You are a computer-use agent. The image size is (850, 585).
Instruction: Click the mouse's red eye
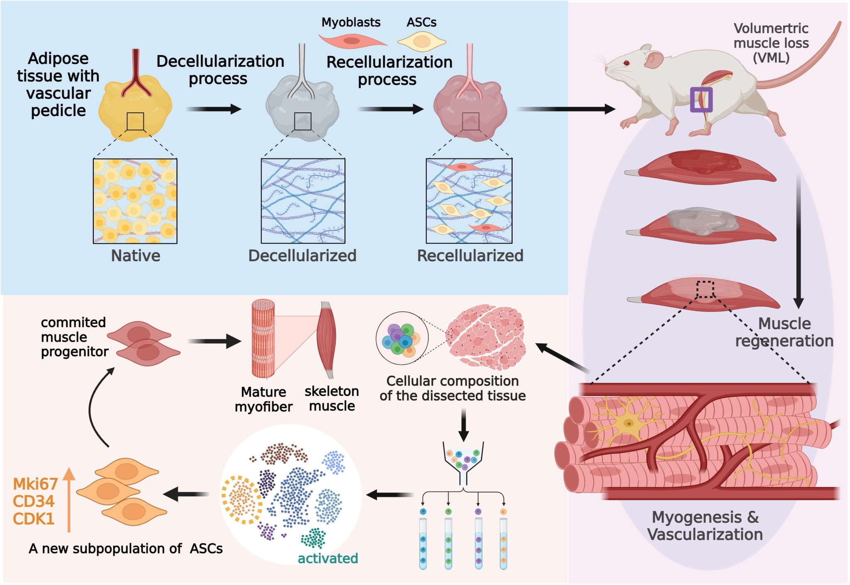click(626, 63)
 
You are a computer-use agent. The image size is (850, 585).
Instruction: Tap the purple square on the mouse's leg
click(701, 100)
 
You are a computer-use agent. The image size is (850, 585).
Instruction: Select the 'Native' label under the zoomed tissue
click(135, 256)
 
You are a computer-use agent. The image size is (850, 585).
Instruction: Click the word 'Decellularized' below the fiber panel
click(302, 256)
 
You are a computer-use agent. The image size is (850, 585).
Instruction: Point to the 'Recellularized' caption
click(470, 256)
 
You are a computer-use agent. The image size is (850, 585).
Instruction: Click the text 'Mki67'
click(35, 484)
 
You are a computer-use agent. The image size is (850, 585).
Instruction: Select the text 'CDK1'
click(34, 519)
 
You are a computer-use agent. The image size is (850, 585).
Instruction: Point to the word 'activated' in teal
click(328, 558)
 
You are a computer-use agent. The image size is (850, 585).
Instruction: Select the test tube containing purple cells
click(479, 543)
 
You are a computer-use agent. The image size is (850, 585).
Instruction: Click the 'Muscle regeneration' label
click(784, 332)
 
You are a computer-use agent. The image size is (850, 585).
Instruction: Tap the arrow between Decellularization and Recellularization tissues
click(391, 109)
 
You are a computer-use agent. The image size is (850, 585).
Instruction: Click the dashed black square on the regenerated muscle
click(705, 289)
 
